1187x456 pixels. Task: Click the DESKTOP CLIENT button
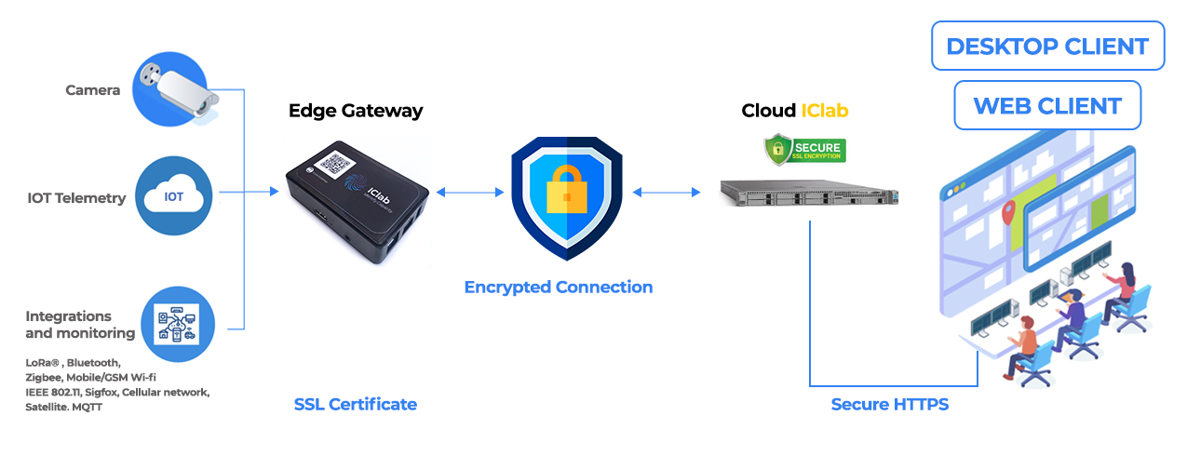click(x=1047, y=46)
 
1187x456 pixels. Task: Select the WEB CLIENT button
click(x=1047, y=105)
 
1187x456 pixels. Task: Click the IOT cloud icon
click(x=174, y=196)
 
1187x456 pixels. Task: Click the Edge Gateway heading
click(x=355, y=111)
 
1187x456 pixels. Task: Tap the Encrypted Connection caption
click(x=559, y=287)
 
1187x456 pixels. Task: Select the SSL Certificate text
click(x=355, y=404)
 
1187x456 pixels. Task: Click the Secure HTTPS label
click(x=889, y=404)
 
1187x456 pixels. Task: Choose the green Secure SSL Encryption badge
click(x=804, y=148)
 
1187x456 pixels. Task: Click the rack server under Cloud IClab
click(x=809, y=194)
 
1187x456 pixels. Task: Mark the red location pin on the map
click(x=1007, y=217)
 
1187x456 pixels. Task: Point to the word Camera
click(x=92, y=90)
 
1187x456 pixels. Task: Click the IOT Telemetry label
click(x=76, y=197)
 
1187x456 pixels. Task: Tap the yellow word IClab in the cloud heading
click(x=825, y=111)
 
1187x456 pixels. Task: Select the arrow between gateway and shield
click(x=470, y=193)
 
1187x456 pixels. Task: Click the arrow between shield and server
click(x=667, y=193)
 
